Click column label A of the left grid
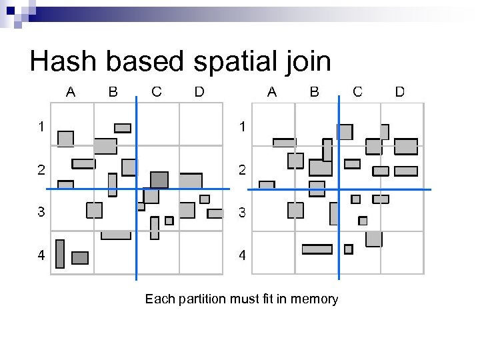(70, 92)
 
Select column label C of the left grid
(157, 92)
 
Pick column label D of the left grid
(199, 92)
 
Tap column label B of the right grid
(314, 92)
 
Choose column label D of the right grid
(400, 92)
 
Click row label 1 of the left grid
(41, 126)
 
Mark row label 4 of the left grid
(41, 255)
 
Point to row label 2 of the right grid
(243, 170)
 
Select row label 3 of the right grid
(243, 213)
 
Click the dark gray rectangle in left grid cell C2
(159, 179)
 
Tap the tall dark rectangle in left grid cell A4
(60, 253)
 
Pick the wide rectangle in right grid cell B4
(317, 249)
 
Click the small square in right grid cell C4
(348, 249)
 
